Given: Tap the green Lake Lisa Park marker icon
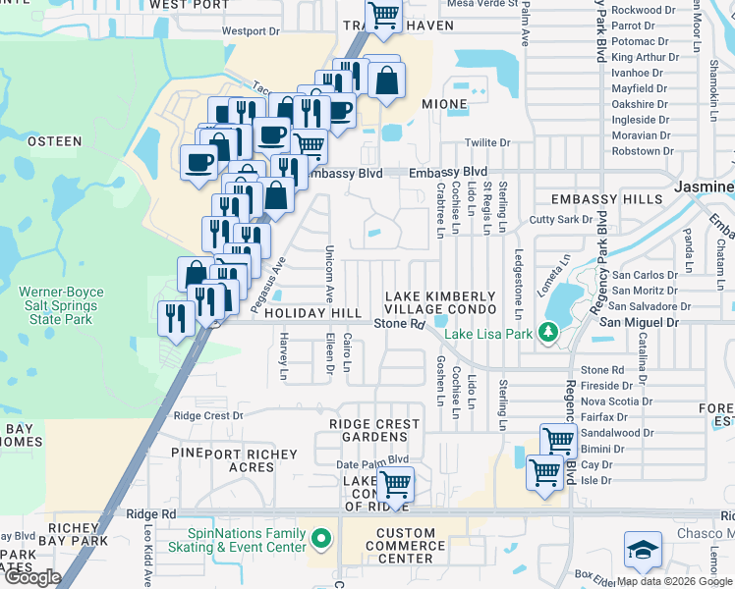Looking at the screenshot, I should tap(547, 334).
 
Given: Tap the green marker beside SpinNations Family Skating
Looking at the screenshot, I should tap(321, 538).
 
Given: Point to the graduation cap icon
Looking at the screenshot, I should tap(642, 551).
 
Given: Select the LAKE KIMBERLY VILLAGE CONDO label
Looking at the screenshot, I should tap(440, 303).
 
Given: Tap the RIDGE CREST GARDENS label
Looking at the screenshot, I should tap(374, 431).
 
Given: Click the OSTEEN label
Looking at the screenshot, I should tap(54, 141).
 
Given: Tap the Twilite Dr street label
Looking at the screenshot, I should tap(487, 142).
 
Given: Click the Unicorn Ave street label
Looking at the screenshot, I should tap(329, 274).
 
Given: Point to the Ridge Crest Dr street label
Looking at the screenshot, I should tap(207, 415).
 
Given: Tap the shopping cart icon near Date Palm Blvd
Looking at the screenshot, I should tap(395, 483).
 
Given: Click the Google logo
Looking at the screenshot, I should tap(32, 576).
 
